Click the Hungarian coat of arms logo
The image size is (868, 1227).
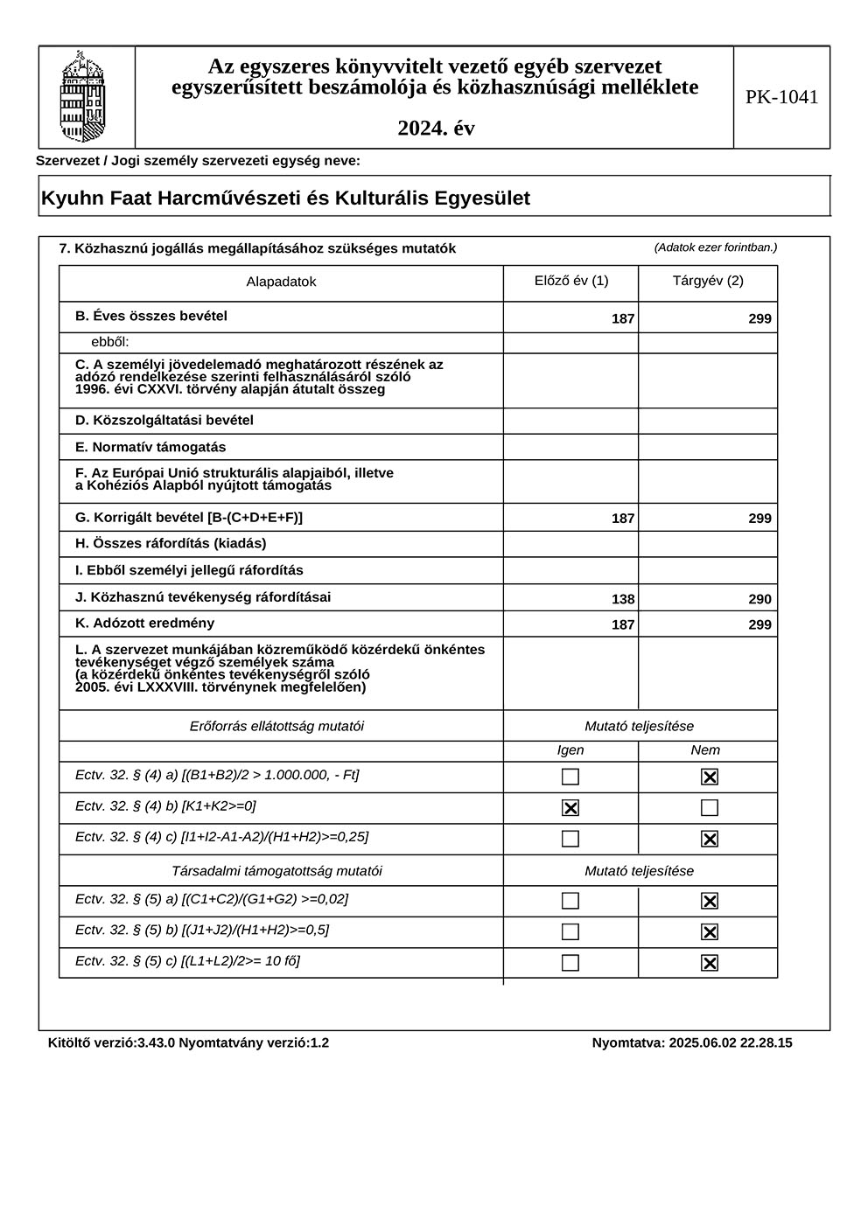[x=82, y=97]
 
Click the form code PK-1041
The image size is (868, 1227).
[x=781, y=97]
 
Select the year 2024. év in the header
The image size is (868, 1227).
[x=436, y=129]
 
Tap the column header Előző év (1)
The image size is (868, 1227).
[x=571, y=281]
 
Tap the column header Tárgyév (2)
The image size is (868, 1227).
[x=708, y=281]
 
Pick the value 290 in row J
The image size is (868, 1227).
[x=759, y=599]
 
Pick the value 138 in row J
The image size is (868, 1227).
[x=623, y=599]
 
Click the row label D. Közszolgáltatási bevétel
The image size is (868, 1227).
[x=164, y=420]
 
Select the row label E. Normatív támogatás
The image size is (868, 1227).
[x=150, y=447]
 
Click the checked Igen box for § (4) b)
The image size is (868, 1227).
[x=570, y=808]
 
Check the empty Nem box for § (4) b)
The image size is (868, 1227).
[x=710, y=808]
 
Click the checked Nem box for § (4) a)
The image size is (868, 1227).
[x=710, y=777]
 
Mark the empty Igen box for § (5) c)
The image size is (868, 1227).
[x=570, y=963]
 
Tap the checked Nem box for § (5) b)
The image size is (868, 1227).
[x=710, y=932]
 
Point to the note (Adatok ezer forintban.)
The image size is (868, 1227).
[x=715, y=247]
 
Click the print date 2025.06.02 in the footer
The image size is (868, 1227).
[x=705, y=1042]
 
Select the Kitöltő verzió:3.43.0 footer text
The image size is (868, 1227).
[x=112, y=1042]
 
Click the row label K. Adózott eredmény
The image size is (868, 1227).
[x=144, y=624]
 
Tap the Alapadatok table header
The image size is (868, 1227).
[x=281, y=282]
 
